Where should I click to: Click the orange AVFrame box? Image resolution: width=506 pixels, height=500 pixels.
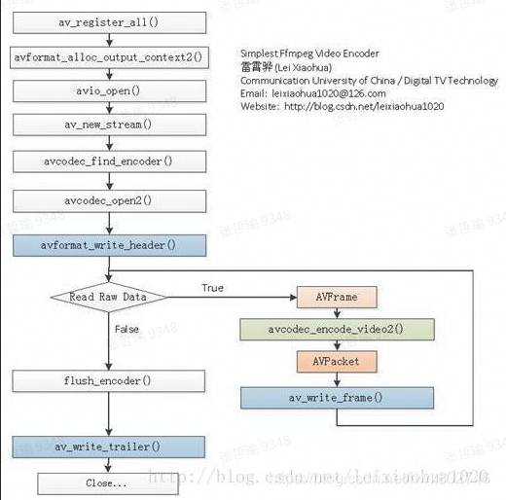(x=336, y=296)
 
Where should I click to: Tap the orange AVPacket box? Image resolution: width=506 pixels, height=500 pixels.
(x=336, y=361)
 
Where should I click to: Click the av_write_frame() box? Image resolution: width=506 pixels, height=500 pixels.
(x=336, y=397)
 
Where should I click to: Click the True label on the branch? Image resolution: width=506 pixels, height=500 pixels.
(x=212, y=288)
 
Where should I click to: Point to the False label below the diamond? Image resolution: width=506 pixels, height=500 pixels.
(x=126, y=330)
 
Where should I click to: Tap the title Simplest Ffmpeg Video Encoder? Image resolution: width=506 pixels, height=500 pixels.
(x=309, y=54)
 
